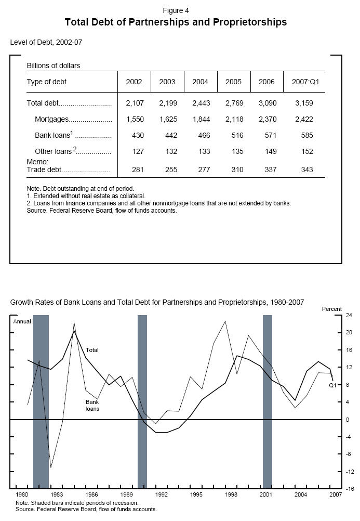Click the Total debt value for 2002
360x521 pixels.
coord(134,103)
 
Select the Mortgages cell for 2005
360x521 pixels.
coord(234,119)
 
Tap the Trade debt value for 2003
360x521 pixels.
coord(167,170)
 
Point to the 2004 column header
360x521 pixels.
coord(201,82)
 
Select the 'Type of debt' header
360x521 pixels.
coord(47,82)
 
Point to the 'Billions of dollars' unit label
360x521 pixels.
coord(54,66)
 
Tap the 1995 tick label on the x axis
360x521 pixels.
coord(196,494)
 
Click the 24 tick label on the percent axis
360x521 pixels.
coord(335,315)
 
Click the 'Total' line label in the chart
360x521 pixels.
coord(92,350)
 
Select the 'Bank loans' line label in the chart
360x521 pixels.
coord(92,405)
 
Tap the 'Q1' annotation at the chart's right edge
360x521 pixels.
coord(333,385)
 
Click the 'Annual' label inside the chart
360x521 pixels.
coord(22,321)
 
